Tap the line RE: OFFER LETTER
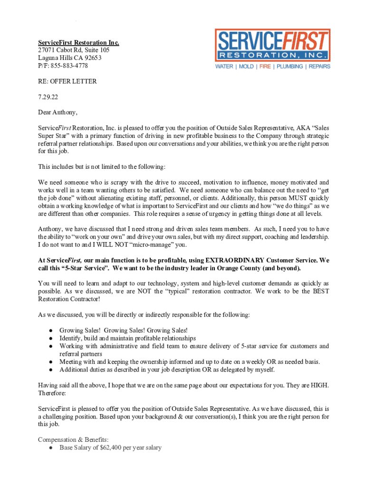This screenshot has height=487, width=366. point(67,81)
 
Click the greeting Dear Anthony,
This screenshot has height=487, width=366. point(58,113)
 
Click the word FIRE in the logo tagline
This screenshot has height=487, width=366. point(265,67)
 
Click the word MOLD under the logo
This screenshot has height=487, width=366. point(246,67)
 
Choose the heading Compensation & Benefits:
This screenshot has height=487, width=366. point(70,440)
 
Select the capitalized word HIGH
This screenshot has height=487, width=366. point(319,385)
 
